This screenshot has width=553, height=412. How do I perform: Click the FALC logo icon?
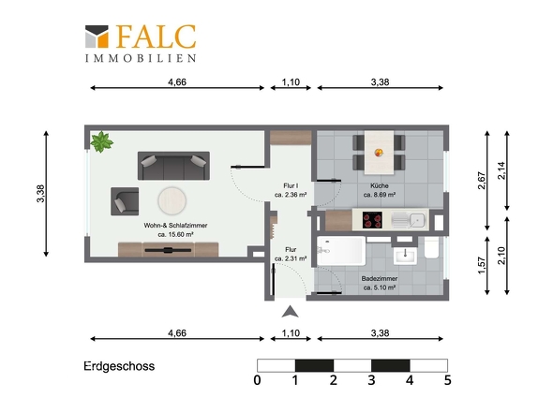click(x=97, y=37)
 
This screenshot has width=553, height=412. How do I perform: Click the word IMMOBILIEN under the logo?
click(x=141, y=57)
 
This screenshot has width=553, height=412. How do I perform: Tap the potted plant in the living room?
click(x=100, y=142)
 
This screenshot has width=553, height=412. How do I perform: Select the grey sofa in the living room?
click(x=174, y=166)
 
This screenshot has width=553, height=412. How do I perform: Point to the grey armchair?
click(x=125, y=199)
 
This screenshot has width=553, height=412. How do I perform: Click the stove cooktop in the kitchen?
click(x=370, y=221)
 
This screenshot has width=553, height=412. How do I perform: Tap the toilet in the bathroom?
click(x=430, y=249)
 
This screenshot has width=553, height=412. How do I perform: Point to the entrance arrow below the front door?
click(x=291, y=311)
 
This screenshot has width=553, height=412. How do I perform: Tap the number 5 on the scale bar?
click(x=447, y=381)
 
